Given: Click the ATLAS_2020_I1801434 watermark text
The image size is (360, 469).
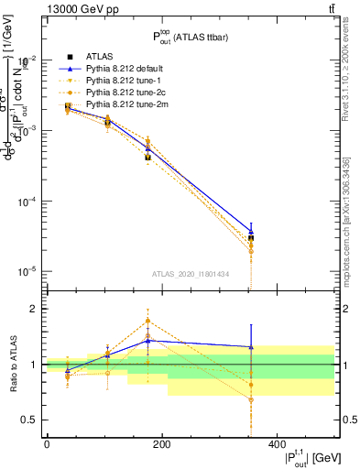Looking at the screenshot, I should [x=190, y=274].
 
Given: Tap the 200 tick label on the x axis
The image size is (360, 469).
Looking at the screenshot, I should [x=161, y=444].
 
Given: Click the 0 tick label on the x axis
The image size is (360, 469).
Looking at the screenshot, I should [x=47, y=444].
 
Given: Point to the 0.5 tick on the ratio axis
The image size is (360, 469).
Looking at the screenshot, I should [x=28, y=420].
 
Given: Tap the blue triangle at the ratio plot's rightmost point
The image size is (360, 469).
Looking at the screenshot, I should [x=277, y=347].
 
